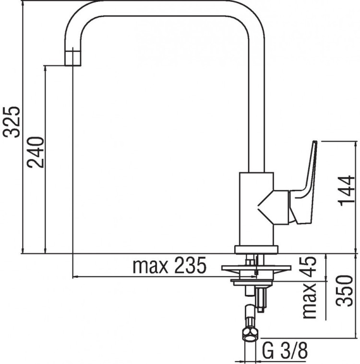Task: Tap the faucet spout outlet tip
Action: pyautogui.click(x=73, y=57)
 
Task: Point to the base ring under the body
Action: pyautogui.click(x=256, y=249)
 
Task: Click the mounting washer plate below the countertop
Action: pyautogui.click(x=256, y=268)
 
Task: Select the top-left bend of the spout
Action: pyautogui.click(x=79, y=22)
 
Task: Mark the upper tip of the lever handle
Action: pyautogui.click(x=314, y=144)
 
